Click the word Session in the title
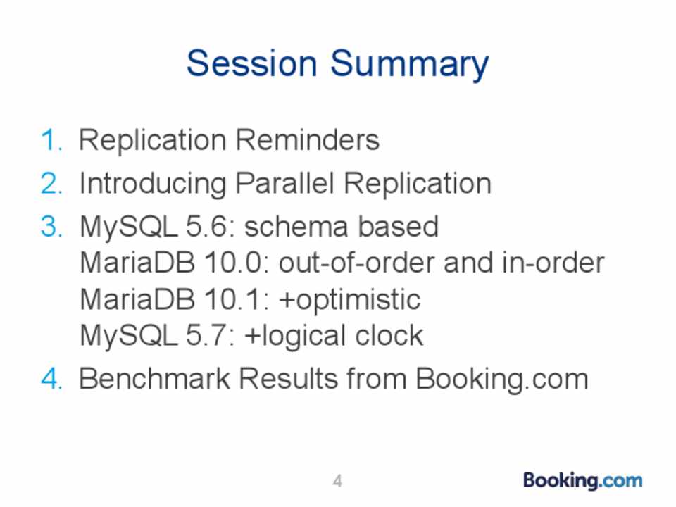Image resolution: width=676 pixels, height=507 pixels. [x=252, y=63]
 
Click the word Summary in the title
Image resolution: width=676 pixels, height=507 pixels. [x=410, y=65]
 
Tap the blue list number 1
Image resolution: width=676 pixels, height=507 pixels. [x=51, y=140]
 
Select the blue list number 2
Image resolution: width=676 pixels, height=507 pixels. [x=51, y=183]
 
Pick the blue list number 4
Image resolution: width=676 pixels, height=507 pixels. [x=51, y=379]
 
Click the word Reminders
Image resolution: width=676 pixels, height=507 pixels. [x=308, y=140]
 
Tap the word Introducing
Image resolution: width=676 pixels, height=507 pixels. [x=153, y=184]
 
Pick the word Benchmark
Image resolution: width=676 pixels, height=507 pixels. [x=154, y=379]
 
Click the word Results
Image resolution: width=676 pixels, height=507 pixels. [x=288, y=379]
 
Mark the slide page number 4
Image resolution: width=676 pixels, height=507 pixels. [x=337, y=481]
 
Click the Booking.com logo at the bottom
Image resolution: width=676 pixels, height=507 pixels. [x=582, y=481]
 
